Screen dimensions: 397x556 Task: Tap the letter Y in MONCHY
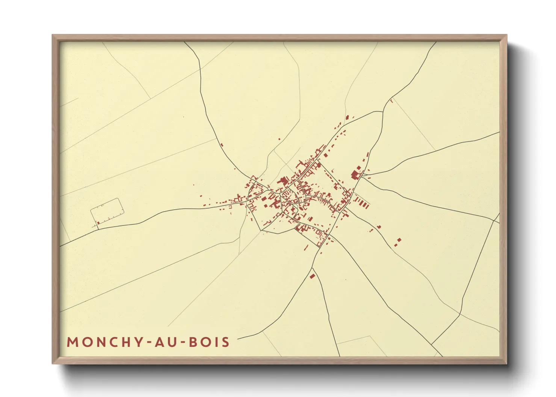click(x=138, y=342)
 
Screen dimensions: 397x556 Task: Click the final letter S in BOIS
click(x=225, y=342)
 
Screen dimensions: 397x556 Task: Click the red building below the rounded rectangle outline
click(x=98, y=223)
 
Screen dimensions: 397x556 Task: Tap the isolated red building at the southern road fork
click(x=312, y=277)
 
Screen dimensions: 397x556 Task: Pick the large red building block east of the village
click(x=355, y=174)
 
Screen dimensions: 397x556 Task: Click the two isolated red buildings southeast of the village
click(x=398, y=242)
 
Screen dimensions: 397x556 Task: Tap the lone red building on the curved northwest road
click(x=222, y=145)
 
